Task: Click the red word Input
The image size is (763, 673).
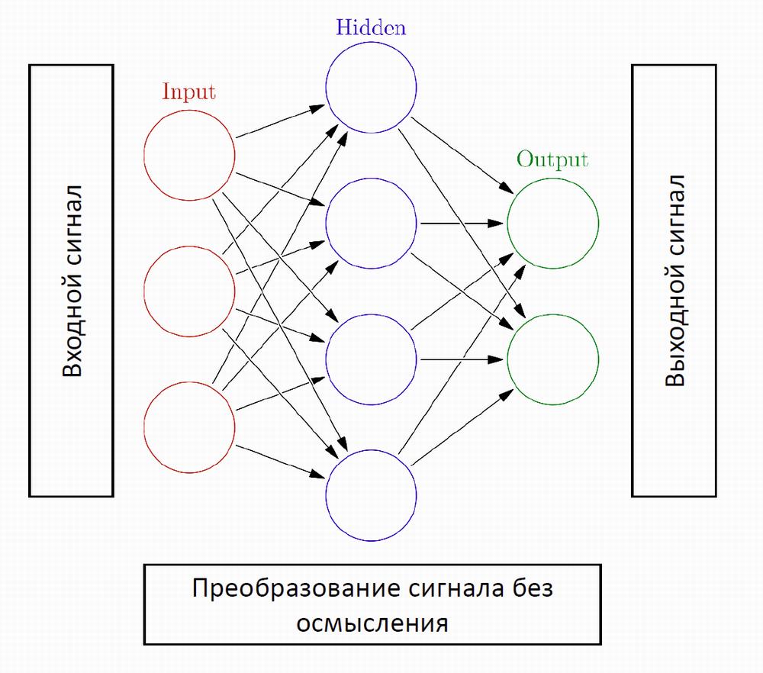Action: click(188, 92)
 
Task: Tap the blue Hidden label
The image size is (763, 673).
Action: click(371, 28)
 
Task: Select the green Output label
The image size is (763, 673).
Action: click(552, 159)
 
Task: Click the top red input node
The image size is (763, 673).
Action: click(189, 155)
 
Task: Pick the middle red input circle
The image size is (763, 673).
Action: click(189, 290)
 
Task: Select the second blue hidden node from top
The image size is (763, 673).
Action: click(372, 223)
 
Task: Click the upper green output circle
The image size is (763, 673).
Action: click(553, 223)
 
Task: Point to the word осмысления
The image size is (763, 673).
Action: click(372, 623)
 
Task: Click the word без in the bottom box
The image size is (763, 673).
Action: click(528, 590)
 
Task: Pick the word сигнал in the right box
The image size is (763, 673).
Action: click(675, 215)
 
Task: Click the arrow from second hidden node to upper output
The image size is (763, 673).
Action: click(462, 223)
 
